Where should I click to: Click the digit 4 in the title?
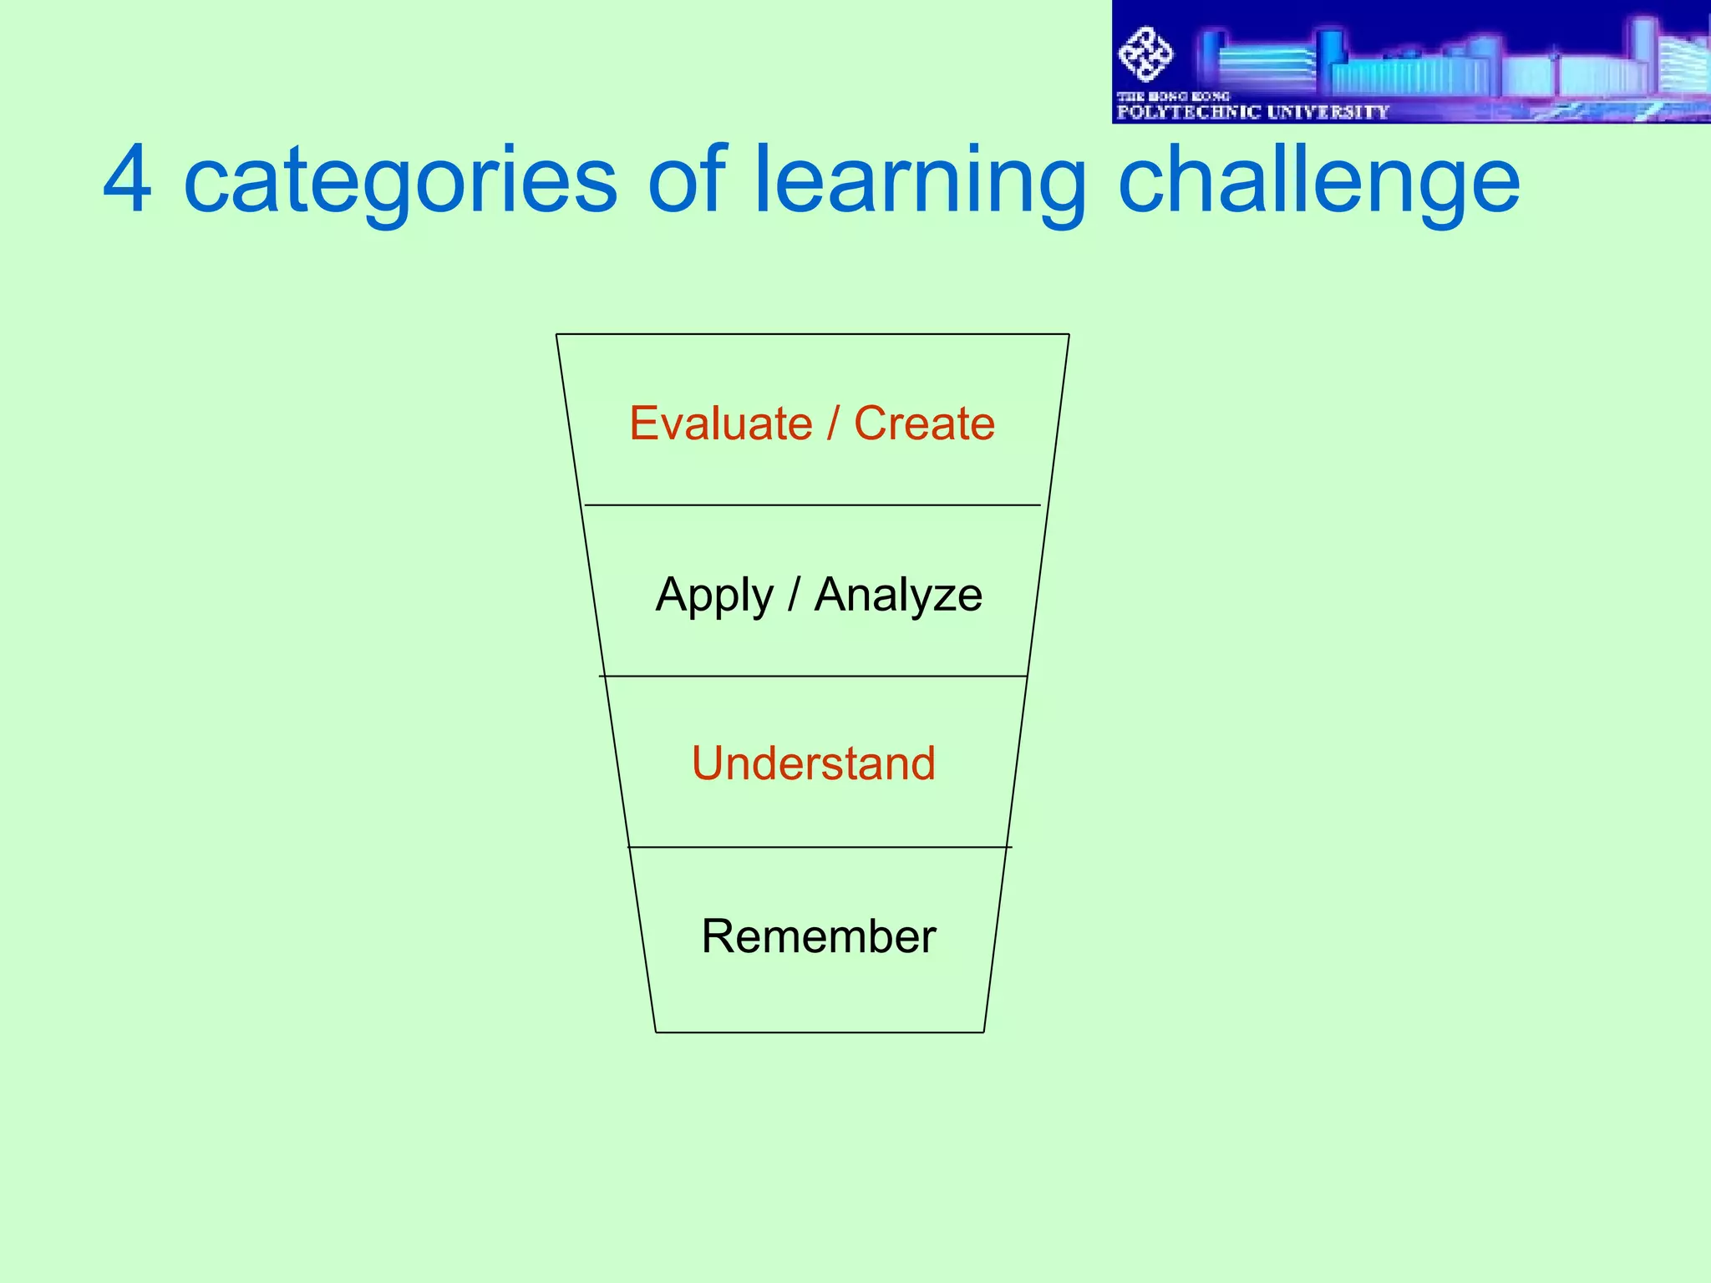coord(128,180)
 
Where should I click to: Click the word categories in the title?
coord(400,180)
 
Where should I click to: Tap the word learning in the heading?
coord(919,180)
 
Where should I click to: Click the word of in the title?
coord(687,180)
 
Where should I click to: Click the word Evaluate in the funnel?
coord(720,423)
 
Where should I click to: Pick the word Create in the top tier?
coord(924,423)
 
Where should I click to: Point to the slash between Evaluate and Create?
coord(833,423)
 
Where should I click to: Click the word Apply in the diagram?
coord(714,596)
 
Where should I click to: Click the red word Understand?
coord(813,763)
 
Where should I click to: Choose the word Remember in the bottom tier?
coord(818,936)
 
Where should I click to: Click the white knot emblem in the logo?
coord(1145,54)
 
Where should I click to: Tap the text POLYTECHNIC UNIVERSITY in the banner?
coord(1252,112)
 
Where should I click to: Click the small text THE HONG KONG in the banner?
coord(1173,96)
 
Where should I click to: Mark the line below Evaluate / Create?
coord(812,505)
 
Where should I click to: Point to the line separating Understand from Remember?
coord(819,847)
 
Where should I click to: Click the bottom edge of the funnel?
coord(820,1032)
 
